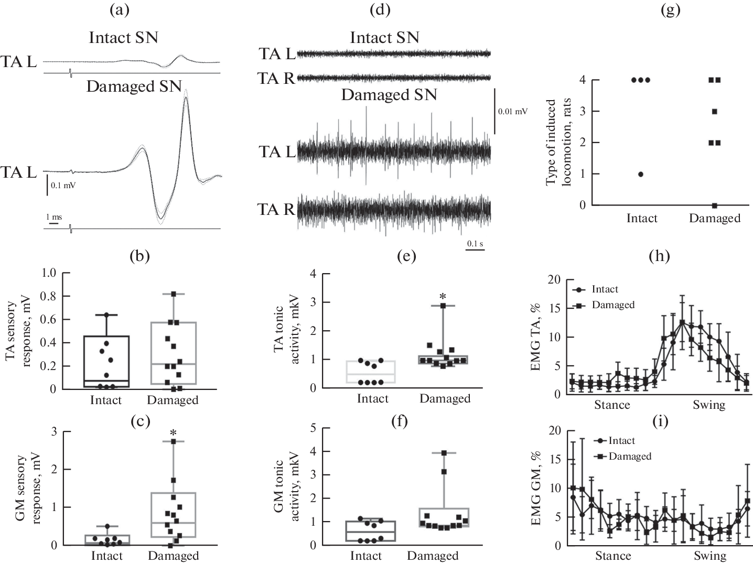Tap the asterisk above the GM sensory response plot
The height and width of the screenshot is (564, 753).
pyautogui.click(x=173, y=433)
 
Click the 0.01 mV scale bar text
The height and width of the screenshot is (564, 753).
pyautogui.click(x=512, y=111)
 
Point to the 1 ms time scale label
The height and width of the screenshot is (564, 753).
pyautogui.click(x=53, y=216)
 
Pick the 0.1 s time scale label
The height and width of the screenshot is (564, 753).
pyautogui.click(x=475, y=243)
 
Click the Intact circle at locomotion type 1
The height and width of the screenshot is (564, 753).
pyautogui.click(x=641, y=174)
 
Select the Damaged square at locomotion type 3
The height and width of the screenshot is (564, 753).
pyautogui.click(x=714, y=111)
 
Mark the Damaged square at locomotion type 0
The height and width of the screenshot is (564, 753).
pyautogui.click(x=714, y=205)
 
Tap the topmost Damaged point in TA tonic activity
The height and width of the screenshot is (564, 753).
pyautogui.click(x=443, y=305)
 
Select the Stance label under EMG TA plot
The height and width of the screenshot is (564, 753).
pyautogui.click(x=612, y=404)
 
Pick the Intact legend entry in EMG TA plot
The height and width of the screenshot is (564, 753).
pyautogui.click(x=605, y=289)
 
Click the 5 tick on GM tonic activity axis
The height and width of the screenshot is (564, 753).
pyautogui.click(x=313, y=428)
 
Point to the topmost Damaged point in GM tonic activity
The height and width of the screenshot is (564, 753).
pyautogui.click(x=444, y=453)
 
